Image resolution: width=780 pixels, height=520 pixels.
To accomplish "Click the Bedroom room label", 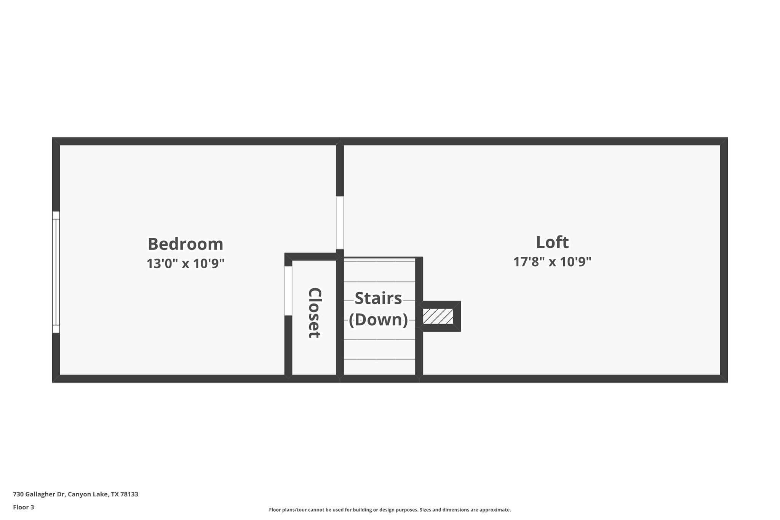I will pyautogui.click(x=185, y=244).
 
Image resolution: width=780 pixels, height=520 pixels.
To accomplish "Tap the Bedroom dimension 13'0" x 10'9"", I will pyautogui.click(x=185, y=263).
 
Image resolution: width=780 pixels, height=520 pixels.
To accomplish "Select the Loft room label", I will pyautogui.click(x=552, y=242).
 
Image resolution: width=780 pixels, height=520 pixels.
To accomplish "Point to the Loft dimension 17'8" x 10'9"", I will pyautogui.click(x=552, y=262).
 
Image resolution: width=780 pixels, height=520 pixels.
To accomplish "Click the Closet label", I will pyautogui.click(x=315, y=313).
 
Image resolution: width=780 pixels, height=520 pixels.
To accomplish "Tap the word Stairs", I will pyautogui.click(x=378, y=298).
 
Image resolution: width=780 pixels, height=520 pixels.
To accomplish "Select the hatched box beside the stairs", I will pyautogui.click(x=438, y=316).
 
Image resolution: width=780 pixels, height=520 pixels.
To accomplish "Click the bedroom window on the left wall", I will pyautogui.click(x=56, y=272).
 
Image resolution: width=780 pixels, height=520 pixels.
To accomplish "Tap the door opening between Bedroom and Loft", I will pyautogui.click(x=340, y=223).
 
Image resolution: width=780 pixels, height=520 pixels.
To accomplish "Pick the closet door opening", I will pyautogui.click(x=288, y=291).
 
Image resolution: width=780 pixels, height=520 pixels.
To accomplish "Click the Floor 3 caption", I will pyautogui.click(x=24, y=507).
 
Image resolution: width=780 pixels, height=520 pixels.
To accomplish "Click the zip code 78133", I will pyautogui.click(x=129, y=494).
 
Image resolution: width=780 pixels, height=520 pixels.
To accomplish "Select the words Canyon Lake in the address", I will pyautogui.click(x=88, y=494).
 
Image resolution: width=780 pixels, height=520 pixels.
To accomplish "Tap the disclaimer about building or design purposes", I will pyautogui.click(x=390, y=510).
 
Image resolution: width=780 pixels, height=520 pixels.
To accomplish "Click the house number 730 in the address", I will pyautogui.click(x=18, y=494).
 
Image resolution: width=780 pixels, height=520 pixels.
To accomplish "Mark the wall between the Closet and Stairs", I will pyautogui.click(x=340, y=316).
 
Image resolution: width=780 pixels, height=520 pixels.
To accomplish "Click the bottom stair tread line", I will pyautogui.click(x=379, y=359).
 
